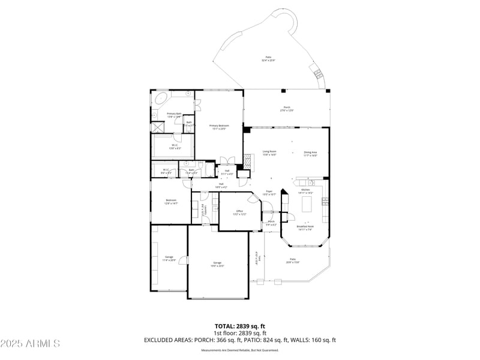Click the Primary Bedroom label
[219, 127]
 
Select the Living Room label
[269, 152]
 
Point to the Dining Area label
[310, 152]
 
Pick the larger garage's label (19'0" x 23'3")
[217, 264]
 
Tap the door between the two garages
[187, 260]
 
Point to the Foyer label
[270, 193]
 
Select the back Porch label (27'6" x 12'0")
[287, 109]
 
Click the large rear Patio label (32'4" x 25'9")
[268, 59]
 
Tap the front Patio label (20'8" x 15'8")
[292, 261]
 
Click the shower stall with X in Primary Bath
[157, 127]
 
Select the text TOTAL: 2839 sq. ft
[240, 326]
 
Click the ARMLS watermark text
[30, 343]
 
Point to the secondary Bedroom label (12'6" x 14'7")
[171, 202]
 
